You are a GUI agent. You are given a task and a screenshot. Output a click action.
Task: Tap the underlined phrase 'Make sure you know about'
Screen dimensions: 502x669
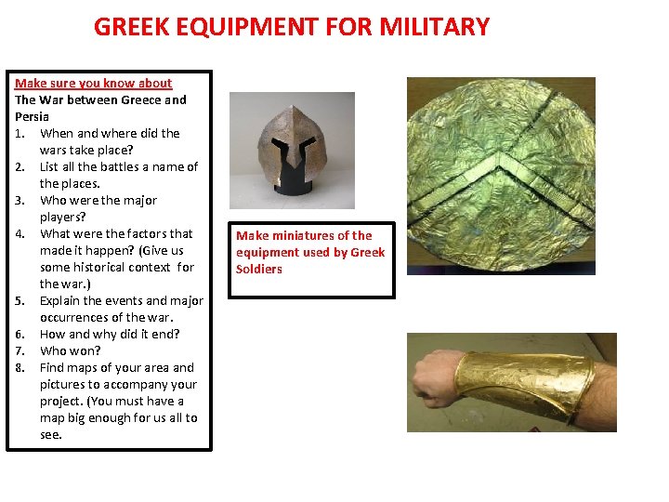[x=93, y=83]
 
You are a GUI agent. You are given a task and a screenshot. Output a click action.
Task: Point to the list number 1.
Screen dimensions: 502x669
[x=20, y=133]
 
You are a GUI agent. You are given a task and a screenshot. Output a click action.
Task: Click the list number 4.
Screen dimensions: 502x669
[x=20, y=233]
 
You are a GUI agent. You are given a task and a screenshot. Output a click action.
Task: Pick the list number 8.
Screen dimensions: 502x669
[x=20, y=367]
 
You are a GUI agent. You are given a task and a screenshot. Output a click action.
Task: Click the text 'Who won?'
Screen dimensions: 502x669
[x=71, y=350]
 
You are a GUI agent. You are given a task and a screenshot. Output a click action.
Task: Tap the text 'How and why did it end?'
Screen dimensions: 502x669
[x=110, y=334]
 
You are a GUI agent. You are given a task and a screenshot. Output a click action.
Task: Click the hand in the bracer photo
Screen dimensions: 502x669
[x=433, y=381]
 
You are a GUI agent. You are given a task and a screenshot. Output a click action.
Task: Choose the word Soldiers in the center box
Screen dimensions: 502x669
[x=259, y=269]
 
